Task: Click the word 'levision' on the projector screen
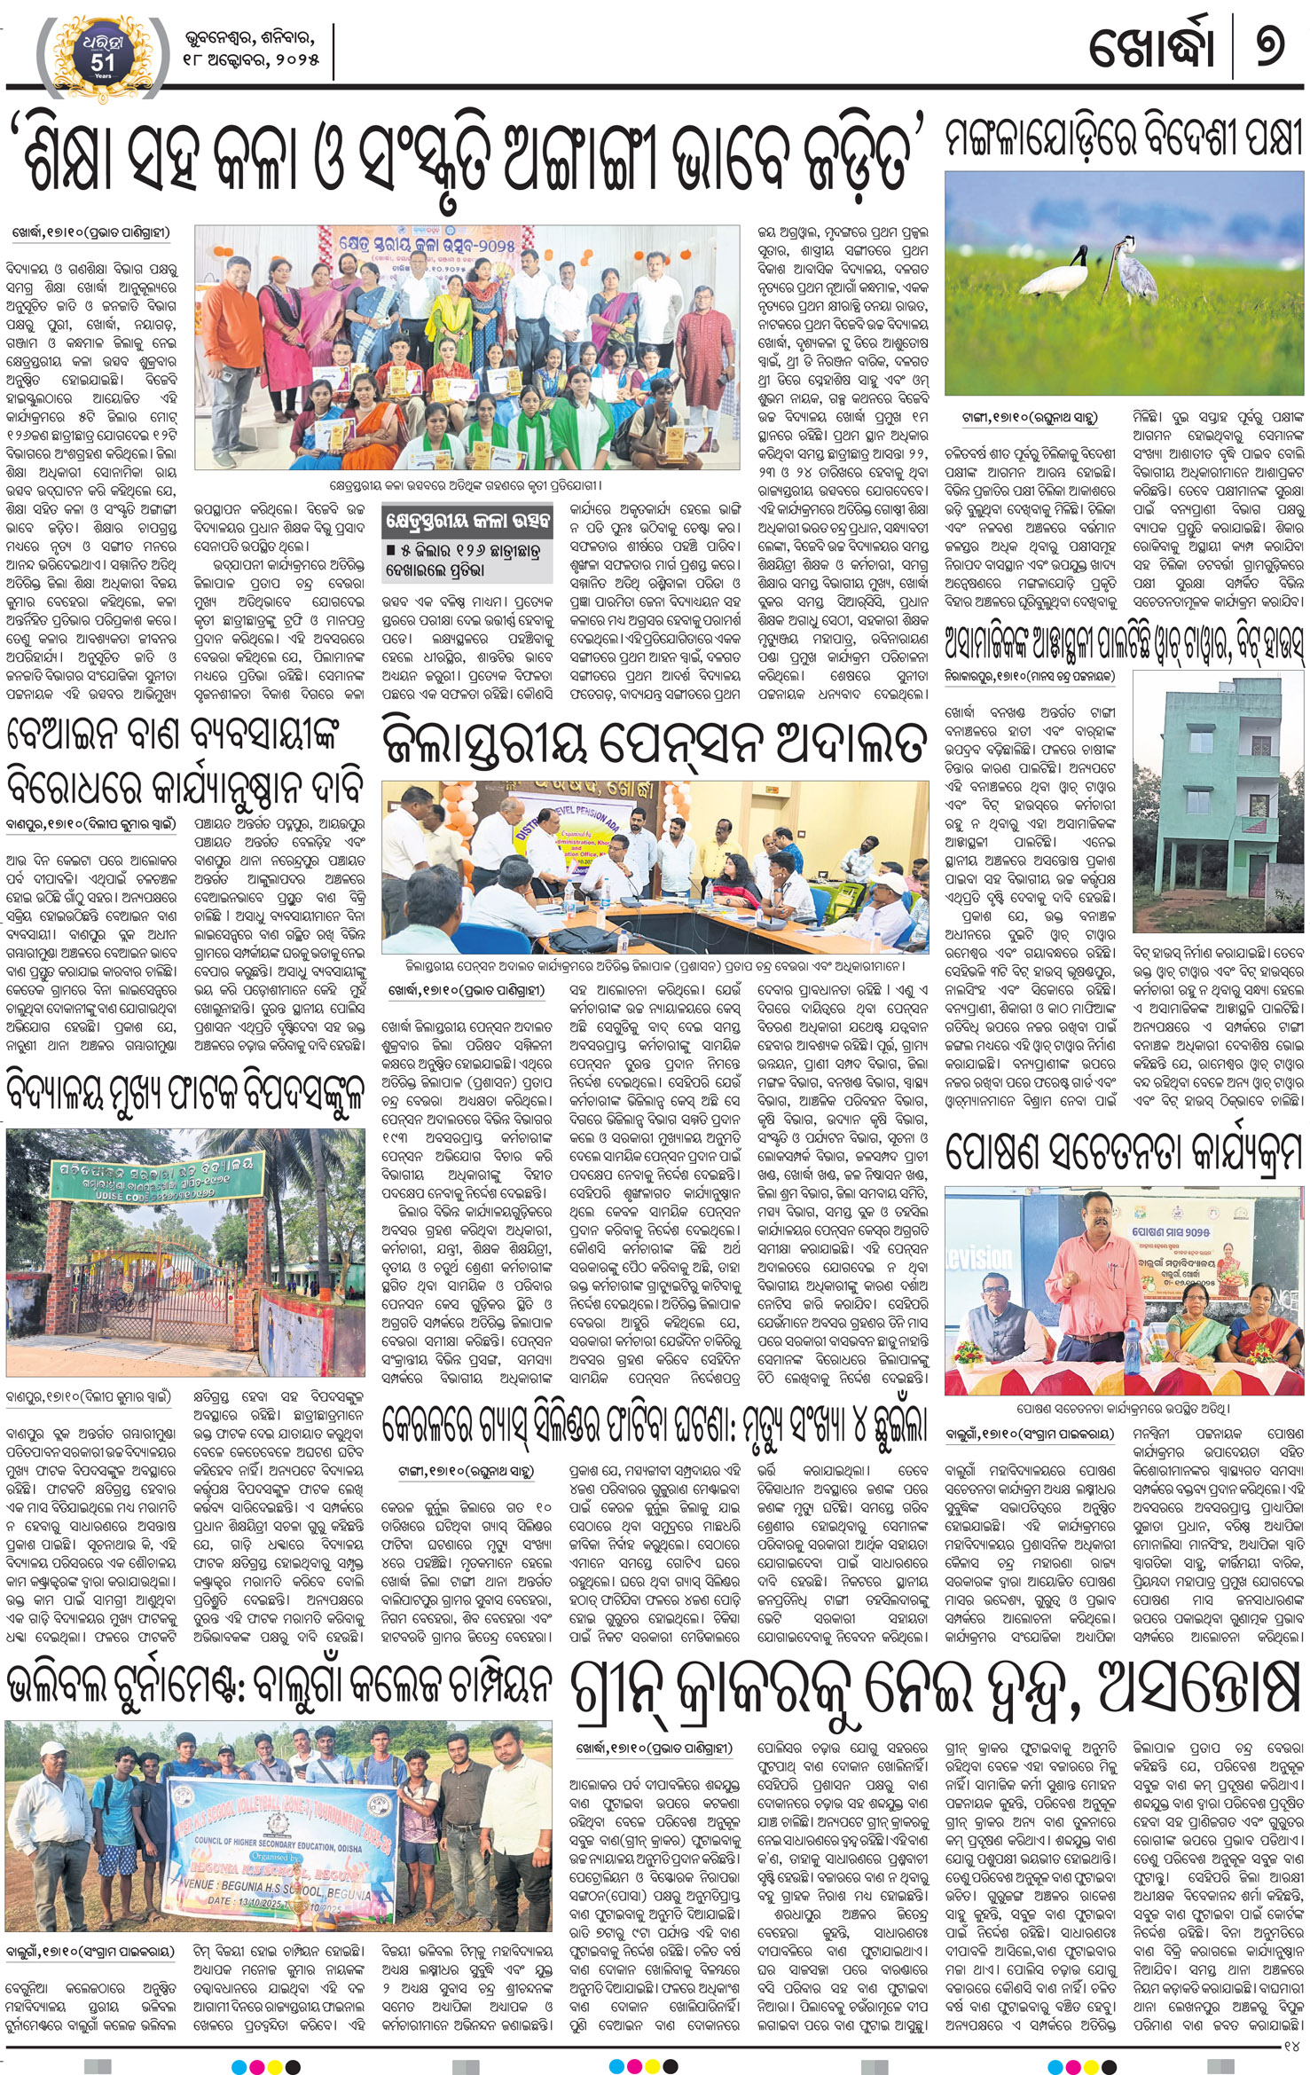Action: (978, 1257)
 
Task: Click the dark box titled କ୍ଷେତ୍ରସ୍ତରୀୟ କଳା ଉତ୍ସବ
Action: (466, 519)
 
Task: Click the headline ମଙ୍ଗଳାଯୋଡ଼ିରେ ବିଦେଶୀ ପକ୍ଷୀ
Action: (1124, 139)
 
